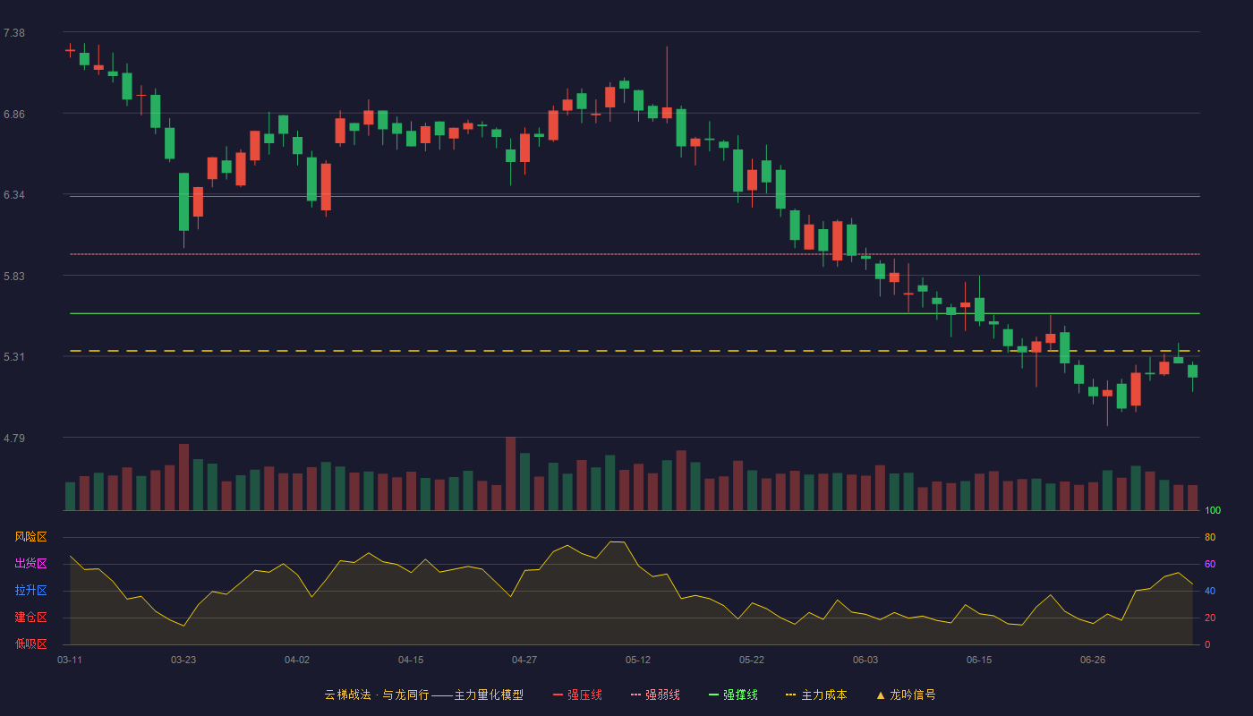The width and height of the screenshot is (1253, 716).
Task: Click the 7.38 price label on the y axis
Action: pos(14,33)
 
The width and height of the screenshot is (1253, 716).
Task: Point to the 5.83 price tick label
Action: pos(14,277)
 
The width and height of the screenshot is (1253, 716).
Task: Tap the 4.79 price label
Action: pos(14,438)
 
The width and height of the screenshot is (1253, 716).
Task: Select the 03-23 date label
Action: pos(183,661)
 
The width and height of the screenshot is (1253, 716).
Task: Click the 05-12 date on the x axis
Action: pos(638,661)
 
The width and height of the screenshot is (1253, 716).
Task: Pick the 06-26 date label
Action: pos(1093,661)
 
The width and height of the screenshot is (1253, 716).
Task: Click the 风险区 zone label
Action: pos(30,537)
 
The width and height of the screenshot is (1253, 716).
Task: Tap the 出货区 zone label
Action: pos(30,563)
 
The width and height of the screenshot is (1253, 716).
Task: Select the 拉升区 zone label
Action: pos(30,590)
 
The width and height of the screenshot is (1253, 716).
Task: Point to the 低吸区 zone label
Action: pos(30,644)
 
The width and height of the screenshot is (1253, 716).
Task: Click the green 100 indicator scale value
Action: pos(1213,510)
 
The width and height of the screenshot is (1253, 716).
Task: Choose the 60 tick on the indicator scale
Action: pos(1210,564)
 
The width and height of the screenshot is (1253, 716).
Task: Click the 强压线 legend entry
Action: pos(577,695)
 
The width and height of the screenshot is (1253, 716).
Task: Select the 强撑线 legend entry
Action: pos(733,695)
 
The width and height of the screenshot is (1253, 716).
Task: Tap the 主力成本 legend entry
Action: pos(816,695)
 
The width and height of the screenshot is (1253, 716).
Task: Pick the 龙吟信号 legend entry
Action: pos(906,695)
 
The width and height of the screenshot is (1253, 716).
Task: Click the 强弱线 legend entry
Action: pos(655,695)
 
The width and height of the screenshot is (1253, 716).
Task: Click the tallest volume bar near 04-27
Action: pos(511,473)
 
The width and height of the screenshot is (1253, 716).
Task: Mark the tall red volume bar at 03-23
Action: pos(184,477)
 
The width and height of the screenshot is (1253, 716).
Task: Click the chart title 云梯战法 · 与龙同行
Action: pos(377,695)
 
